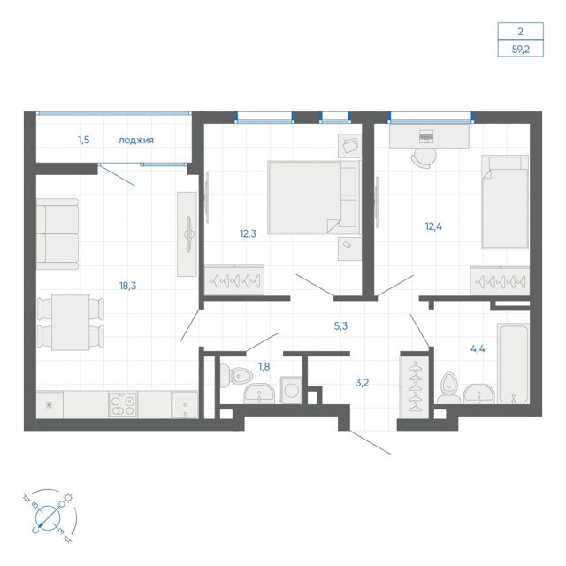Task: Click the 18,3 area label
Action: pyautogui.click(x=127, y=286)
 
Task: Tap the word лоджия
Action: pyautogui.click(x=136, y=140)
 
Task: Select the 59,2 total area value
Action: pyautogui.click(x=521, y=49)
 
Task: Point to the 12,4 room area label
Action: pyautogui.click(x=433, y=226)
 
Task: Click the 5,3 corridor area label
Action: pyautogui.click(x=340, y=326)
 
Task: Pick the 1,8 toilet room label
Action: pyautogui.click(x=264, y=367)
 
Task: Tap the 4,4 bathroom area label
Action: pyautogui.click(x=478, y=348)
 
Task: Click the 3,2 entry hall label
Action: pyautogui.click(x=362, y=383)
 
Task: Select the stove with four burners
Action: pyautogui.click(x=123, y=405)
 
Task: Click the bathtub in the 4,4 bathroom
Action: pyautogui.click(x=513, y=363)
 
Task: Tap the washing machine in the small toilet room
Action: pyautogui.click(x=291, y=390)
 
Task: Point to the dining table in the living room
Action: pyautogui.click(x=71, y=322)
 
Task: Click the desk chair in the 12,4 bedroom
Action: pyautogui.click(x=424, y=157)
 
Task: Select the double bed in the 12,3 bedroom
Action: pyautogui.click(x=314, y=197)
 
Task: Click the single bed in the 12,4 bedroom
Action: pyautogui.click(x=505, y=203)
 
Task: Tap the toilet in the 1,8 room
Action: pyautogui.click(x=234, y=375)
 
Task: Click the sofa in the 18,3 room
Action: pyautogui.click(x=57, y=233)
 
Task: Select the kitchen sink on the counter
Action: pyautogui.click(x=185, y=405)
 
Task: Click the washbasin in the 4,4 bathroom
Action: pyautogui.click(x=478, y=394)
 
